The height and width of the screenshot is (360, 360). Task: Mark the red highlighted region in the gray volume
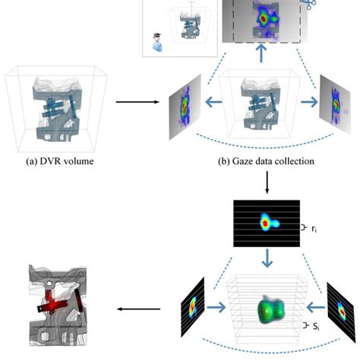pyautogui.click(x=58, y=308)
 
